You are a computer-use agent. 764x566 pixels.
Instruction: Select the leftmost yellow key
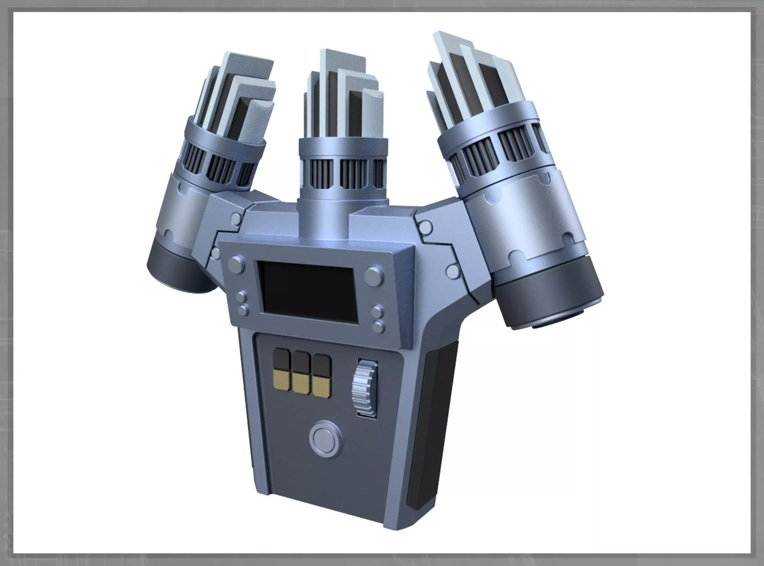tap(281, 381)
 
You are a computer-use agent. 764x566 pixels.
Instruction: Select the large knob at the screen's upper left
tap(236, 264)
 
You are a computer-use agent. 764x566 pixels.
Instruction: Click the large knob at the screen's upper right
tap(374, 276)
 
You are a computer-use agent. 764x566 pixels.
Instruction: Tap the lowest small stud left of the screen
tap(243, 311)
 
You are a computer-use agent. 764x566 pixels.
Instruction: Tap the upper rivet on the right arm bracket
tap(426, 226)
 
